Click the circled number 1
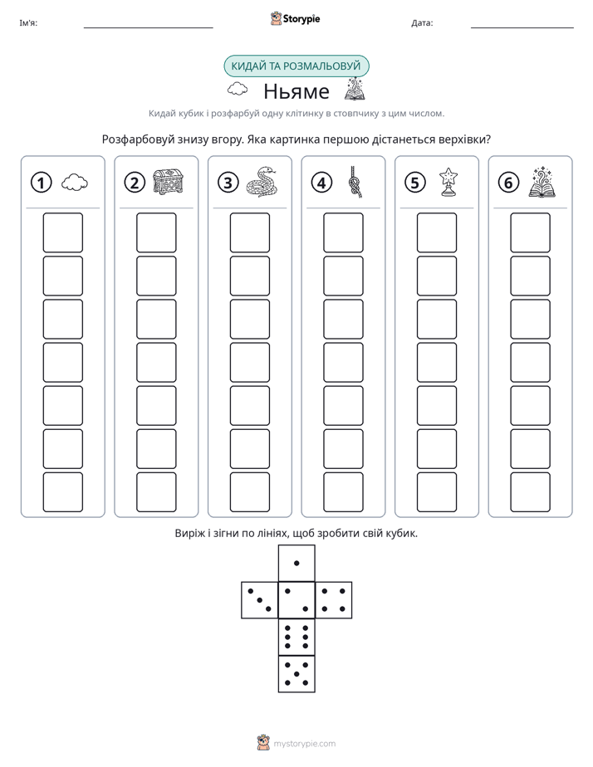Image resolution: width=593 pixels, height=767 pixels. tap(41, 183)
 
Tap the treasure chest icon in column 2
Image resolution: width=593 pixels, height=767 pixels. tap(169, 182)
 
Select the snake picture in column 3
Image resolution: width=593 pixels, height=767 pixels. tap(262, 182)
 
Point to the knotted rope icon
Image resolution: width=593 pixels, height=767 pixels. tap(355, 182)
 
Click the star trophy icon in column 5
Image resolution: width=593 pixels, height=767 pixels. tap(448, 182)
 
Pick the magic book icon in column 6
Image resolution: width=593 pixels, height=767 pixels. tap(542, 182)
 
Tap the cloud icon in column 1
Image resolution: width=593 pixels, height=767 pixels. tap(75, 183)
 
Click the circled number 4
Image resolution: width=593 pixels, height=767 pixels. tap(321, 183)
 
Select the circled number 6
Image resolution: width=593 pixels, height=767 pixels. tap(508, 183)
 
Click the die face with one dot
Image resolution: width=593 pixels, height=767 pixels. tap(296, 564)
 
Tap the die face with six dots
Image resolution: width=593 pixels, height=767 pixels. tap(296, 637)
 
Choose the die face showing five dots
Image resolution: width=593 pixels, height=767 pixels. tap(296, 673)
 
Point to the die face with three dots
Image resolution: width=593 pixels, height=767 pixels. tap(260, 600)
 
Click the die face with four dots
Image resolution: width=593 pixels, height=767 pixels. tap(333, 600)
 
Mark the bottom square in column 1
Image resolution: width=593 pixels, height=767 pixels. tap(62, 492)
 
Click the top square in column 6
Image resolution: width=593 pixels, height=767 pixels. tap(531, 232)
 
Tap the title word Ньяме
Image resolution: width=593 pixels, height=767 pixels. tap(296, 91)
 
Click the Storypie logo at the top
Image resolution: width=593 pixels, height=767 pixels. tap(295, 18)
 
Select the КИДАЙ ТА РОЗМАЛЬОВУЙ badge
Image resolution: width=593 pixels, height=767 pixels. tap(296, 66)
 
